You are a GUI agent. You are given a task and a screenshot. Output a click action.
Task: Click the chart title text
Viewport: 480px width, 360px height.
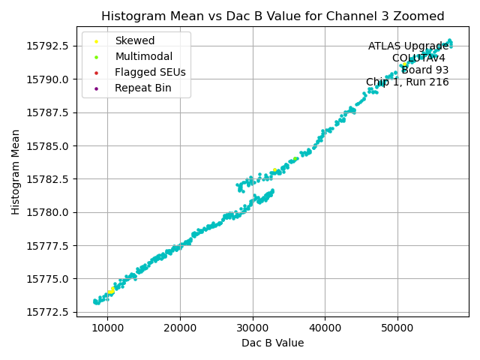tap(272, 16)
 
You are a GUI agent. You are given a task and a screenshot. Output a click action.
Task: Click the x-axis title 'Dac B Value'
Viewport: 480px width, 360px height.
tap(272, 343)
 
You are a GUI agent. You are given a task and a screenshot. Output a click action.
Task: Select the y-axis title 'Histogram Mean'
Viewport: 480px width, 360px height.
tap(16, 172)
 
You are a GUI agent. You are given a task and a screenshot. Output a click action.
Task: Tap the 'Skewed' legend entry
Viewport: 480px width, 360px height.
tap(134, 40)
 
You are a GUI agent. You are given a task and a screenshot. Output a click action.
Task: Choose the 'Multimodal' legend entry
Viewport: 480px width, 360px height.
tap(143, 56)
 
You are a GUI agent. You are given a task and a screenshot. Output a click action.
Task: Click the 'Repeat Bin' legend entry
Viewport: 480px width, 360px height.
tap(142, 88)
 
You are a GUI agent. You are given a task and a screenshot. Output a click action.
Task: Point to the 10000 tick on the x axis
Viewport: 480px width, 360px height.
tap(107, 327)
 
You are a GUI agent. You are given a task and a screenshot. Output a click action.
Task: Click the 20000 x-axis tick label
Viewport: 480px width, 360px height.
tap(180, 327)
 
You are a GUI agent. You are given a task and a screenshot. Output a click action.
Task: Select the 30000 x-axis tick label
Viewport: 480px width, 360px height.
tap(252, 327)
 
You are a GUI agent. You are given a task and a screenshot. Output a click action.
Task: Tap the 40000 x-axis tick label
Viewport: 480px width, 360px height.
tap(325, 327)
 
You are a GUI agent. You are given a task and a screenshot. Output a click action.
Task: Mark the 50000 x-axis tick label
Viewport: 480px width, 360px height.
tap(397, 327)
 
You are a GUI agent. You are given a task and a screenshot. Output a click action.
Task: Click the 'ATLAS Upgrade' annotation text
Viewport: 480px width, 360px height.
tap(408, 46)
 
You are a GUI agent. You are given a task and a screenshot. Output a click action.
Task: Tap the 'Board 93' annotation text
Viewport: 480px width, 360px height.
tap(424, 70)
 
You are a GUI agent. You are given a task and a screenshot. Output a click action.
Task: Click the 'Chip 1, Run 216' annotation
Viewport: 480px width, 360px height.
tap(407, 82)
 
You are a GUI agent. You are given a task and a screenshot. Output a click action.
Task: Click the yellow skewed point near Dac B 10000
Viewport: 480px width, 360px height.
tap(111, 291)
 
